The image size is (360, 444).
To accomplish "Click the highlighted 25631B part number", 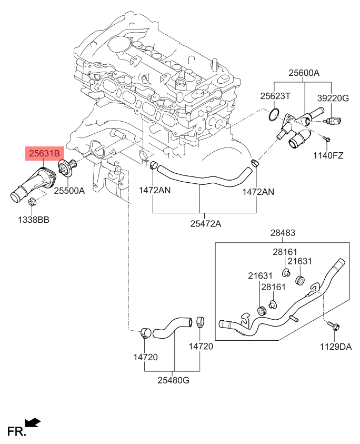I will pos(44,154).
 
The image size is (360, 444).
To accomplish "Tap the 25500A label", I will pos(68,191).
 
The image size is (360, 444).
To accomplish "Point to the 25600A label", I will pos(304,74).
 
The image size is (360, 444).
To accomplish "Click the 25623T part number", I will pos(276,96).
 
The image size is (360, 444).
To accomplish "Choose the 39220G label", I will pos(333,98).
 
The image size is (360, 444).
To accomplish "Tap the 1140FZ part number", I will pos(329,155).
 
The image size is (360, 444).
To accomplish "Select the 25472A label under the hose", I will pos(205,224).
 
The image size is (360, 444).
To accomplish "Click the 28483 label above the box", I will pos(283,233).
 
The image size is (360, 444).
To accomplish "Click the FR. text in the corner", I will pos(16,432).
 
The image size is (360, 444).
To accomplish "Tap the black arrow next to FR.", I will pos(33,422).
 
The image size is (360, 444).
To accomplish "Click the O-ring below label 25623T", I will pos(273,115).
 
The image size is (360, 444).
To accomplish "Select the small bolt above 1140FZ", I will pos(326,139).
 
